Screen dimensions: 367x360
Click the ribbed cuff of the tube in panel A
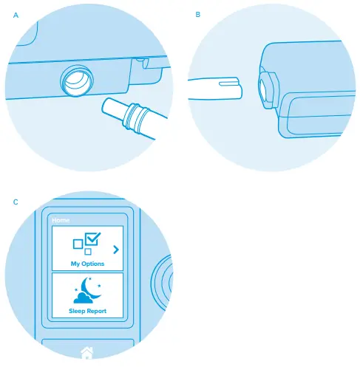(x=137, y=117)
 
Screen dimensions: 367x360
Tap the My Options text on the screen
(x=87, y=264)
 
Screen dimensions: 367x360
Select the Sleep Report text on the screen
(x=87, y=311)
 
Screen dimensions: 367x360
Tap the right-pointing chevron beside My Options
(x=115, y=249)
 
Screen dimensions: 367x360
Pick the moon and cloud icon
(x=87, y=291)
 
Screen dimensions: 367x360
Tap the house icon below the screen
(x=86, y=353)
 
